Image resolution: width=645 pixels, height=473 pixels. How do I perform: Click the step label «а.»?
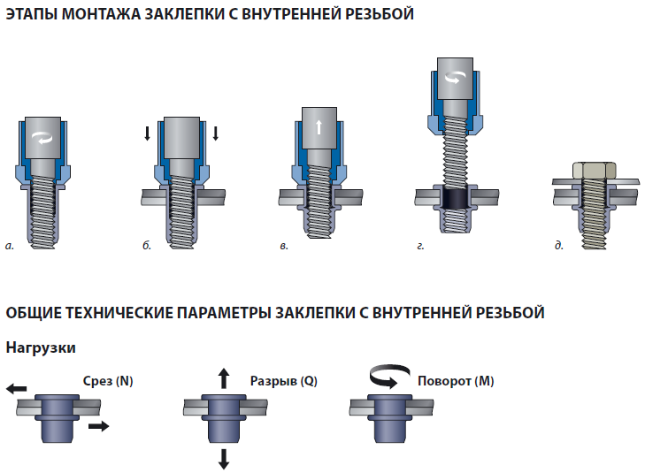tap(10, 246)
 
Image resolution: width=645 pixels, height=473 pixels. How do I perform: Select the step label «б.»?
tap(147, 245)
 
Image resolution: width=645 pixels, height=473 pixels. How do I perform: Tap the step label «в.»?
tap(284, 246)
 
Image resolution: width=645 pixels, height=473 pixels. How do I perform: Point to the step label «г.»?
tap(420, 246)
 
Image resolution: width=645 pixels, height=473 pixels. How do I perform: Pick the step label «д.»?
tap(558, 245)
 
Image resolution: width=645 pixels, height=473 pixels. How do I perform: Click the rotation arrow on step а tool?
tap(42, 138)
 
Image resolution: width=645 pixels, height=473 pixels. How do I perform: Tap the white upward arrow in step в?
tap(319, 127)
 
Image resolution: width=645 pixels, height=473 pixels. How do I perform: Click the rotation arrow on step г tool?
tap(455, 78)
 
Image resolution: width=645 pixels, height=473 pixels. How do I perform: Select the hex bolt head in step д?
tap(594, 170)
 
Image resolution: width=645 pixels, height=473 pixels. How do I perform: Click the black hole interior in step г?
tap(456, 199)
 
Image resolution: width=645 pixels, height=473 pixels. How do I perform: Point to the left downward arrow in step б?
tap(147, 134)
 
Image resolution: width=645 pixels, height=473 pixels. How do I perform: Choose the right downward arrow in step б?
tap(215, 134)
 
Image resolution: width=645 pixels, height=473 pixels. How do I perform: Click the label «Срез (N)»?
tap(108, 381)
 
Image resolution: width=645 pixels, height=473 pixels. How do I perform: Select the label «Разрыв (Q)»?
tap(284, 381)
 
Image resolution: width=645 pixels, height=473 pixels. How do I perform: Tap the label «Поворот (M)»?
tap(456, 381)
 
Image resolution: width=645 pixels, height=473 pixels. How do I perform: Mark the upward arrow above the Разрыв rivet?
tap(223, 378)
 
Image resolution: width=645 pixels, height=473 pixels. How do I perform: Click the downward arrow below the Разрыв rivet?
tap(223, 459)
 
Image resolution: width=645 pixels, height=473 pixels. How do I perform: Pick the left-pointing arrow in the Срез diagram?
tap(17, 388)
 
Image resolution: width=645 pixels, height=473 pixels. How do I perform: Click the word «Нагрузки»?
tap(41, 347)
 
